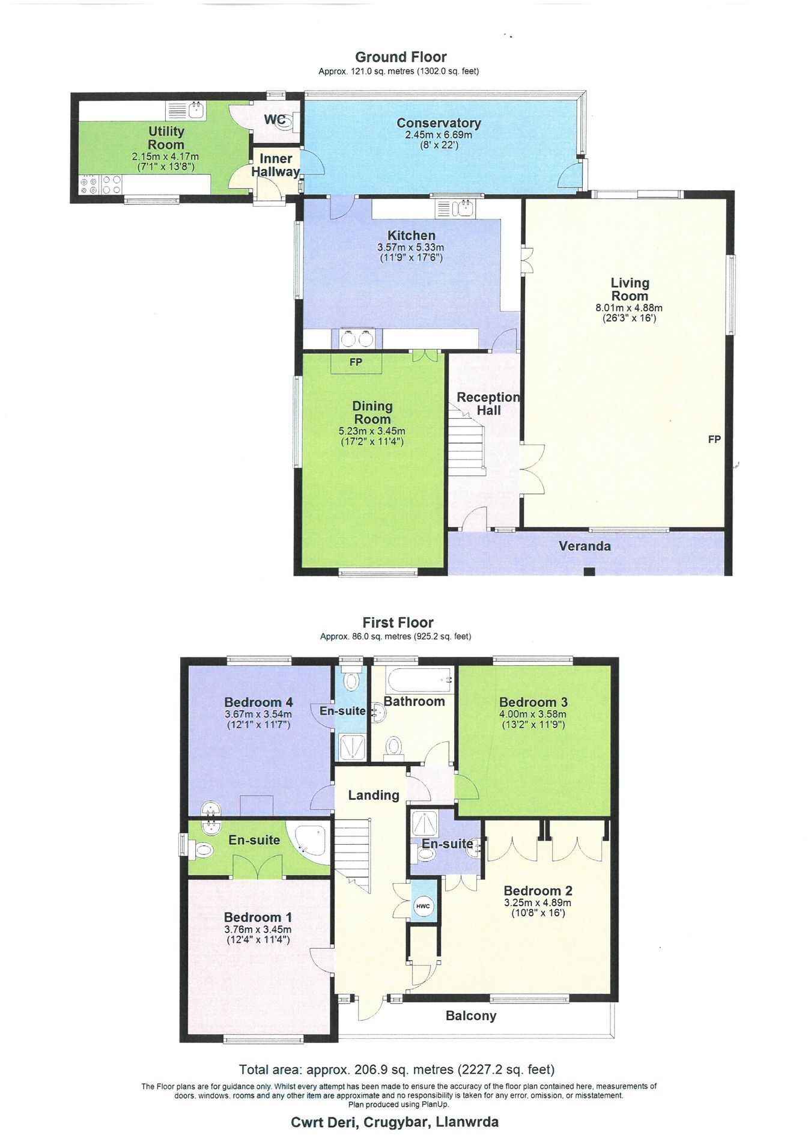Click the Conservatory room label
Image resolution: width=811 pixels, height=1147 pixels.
pos(439,123)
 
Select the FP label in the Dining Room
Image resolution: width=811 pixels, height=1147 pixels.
pos(356,362)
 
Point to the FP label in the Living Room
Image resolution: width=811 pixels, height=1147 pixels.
pos(714,439)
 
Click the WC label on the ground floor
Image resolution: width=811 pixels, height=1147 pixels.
pos(275,120)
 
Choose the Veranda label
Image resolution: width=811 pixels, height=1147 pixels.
pos(585,546)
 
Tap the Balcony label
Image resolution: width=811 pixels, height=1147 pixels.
pos(471,1016)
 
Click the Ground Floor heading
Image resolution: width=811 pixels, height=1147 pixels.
pos(401,57)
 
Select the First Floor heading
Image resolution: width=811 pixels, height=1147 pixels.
pos(398,622)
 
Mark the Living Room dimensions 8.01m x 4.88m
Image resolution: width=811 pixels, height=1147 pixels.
pos(629,308)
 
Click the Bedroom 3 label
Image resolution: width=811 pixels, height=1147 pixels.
pos(533,702)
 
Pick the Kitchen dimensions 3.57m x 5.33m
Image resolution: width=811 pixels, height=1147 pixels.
pos(410,247)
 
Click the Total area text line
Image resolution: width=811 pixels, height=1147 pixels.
pos(396,1069)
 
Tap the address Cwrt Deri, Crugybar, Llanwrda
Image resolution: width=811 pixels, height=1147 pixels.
pos(395,1122)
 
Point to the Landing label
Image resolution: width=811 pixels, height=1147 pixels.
pos(374,795)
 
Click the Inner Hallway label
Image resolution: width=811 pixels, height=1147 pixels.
pos(276,165)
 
